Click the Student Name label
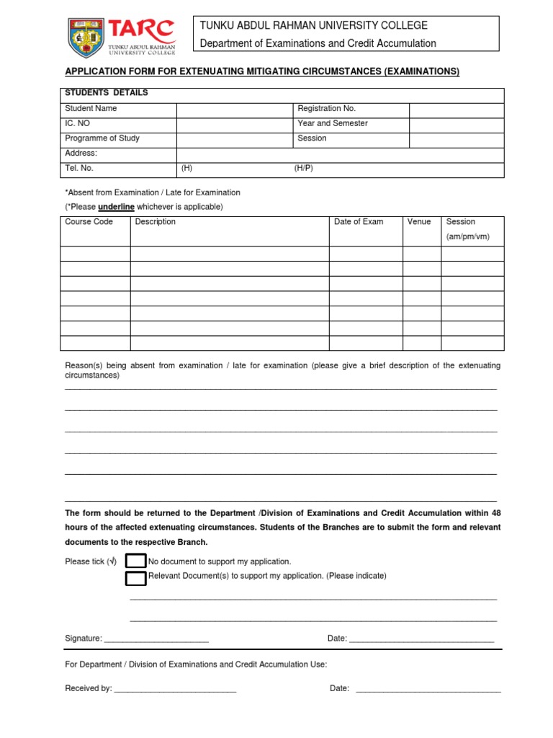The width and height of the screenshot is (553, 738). (x=91, y=108)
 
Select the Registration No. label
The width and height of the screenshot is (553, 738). (x=326, y=108)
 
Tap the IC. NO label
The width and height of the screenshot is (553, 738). (x=77, y=123)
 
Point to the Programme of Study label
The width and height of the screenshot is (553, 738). (x=102, y=138)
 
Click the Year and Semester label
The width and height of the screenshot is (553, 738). (x=332, y=123)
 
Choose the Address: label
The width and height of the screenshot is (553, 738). (x=81, y=154)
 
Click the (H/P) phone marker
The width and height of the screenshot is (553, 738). (x=303, y=168)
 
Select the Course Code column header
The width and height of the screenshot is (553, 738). (x=89, y=222)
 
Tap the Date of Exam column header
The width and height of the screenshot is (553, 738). (x=359, y=222)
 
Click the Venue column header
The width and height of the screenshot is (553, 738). (x=418, y=222)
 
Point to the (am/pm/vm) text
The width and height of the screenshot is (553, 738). (x=467, y=236)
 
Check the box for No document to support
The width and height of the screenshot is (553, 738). (x=135, y=561)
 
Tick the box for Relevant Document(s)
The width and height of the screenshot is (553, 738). (x=135, y=578)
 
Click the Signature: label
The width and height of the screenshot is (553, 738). (x=84, y=639)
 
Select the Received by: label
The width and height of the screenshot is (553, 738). (x=88, y=688)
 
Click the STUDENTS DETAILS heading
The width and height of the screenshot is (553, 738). (x=106, y=93)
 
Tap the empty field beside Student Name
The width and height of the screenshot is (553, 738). (x=234, y=109)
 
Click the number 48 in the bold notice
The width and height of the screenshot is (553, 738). (x=495, y=513)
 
